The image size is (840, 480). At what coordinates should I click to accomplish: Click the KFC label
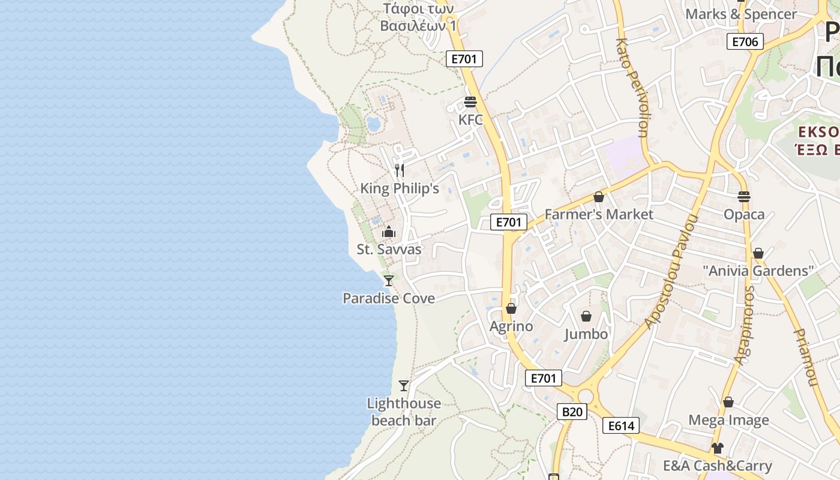[470, 120]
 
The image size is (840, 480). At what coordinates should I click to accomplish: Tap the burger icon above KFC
[470, 102]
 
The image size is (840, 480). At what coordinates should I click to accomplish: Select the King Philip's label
[400, 188]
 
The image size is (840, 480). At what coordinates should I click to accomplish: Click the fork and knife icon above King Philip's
[400, 170]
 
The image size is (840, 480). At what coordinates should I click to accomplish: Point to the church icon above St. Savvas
[389, 232]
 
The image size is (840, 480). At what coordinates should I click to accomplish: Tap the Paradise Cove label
[389, 298]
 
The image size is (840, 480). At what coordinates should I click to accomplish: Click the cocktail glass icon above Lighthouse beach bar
[404, 385]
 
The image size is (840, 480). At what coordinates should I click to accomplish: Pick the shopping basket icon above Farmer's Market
[598, 197]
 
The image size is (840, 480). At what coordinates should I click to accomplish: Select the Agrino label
[511, 326]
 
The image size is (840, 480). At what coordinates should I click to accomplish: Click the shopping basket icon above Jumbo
[586, 316]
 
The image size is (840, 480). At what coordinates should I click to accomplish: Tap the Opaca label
[744, 215]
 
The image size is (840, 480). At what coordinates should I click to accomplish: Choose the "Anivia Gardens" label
[758, 271]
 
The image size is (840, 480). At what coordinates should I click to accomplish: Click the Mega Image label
[728, 420]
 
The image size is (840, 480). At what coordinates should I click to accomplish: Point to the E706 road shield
[745, 41]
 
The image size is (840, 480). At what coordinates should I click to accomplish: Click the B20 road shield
[572, 412]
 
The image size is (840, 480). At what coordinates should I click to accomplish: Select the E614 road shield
[621, 426]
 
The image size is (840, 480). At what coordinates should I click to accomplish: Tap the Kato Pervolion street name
[634, 88]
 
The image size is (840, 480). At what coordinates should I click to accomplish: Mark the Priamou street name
[806, 357]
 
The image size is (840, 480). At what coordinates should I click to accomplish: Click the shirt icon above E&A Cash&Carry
[718, 448]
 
